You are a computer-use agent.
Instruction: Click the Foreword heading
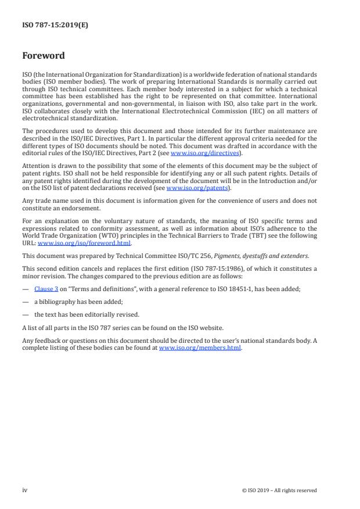click(x=43, y=56)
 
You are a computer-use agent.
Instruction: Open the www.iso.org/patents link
click(x=190, y=188)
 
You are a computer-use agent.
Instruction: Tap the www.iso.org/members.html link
click(x=200, y=347)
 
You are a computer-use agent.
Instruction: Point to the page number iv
click(x=24, y=490)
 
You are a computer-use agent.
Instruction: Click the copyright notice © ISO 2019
click(x=279, y=490)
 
